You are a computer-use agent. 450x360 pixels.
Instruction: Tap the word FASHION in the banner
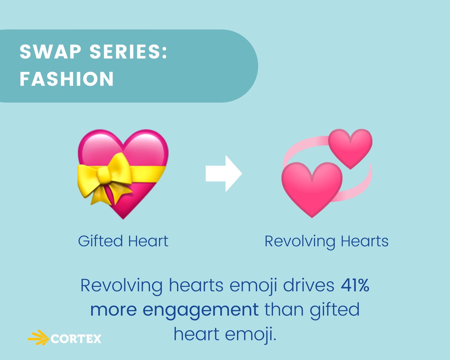point(67,79)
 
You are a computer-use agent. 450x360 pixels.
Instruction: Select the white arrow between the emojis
point(223,174)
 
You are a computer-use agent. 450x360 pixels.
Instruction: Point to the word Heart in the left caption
point(148,241)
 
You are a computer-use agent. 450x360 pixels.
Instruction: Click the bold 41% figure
point(355,286)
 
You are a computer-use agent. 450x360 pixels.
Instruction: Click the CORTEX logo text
point(75,339)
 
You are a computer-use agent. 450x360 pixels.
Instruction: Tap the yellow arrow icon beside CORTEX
point(39,338)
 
